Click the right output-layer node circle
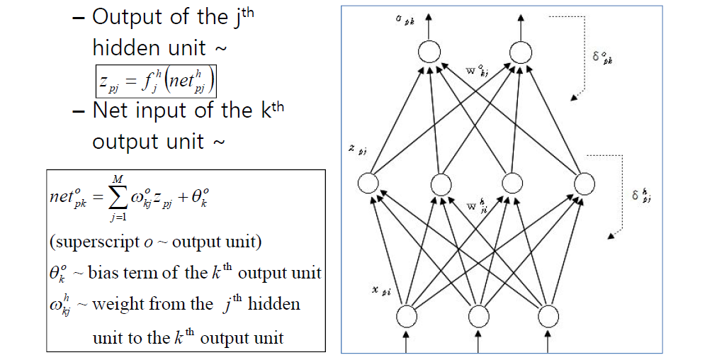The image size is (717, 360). coord(520,52)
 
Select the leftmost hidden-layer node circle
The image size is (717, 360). coord(368,184)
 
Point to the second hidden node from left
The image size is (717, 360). coord(441,184)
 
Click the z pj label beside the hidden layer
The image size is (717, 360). coord(356,150)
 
